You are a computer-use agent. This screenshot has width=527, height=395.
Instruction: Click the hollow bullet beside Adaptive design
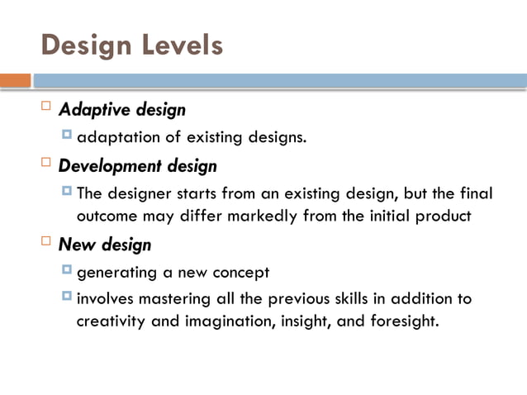46,107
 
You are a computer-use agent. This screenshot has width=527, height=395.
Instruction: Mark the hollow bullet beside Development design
46,164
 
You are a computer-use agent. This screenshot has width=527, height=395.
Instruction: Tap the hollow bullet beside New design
46,242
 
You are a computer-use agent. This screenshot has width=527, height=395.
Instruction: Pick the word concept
244,272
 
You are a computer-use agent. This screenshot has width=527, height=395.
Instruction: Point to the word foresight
403,321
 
